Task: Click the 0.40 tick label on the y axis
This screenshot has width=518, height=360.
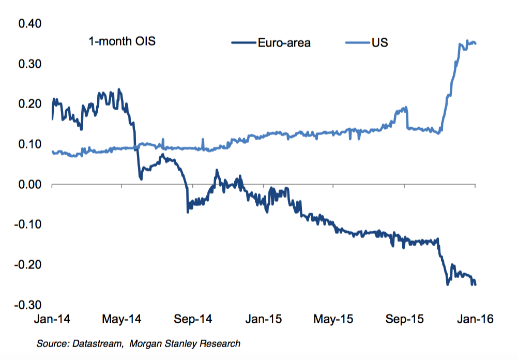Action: click(x=30, y=24)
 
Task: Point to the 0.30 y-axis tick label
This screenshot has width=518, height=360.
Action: click(x=30, y=65)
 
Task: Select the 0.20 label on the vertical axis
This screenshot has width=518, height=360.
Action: click(x=30, y=104)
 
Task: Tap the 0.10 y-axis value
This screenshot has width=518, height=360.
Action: click(x=30, y=144)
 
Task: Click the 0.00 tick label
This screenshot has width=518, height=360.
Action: click(x=30, y=185)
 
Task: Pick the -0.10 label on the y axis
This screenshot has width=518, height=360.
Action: click(x=28, y=225)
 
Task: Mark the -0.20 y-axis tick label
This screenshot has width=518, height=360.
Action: click(x=28, y=265)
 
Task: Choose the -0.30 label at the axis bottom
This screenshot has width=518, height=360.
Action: click(x=28, y=305)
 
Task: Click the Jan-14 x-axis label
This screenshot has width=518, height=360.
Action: click(x=52, y=319)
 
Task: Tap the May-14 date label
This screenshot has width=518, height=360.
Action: click(x=123, y=319)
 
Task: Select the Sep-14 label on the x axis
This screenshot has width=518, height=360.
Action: click(x=193, y=319)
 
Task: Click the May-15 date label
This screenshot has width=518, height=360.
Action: click(x=333, y=319)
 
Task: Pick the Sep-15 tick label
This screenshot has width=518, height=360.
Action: click(x=404, y=319)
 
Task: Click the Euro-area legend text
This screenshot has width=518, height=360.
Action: click(x=284, y=43)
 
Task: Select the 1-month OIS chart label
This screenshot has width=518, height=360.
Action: click(x=122, y=41)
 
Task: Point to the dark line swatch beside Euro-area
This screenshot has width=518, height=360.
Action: click(x=244, y=43)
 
